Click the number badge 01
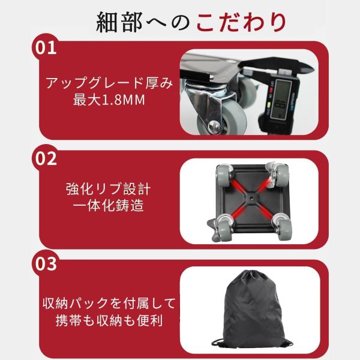(x=46, y=48)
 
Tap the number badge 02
(x=46, y=158)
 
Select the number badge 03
(x=46, y=263)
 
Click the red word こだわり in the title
(x=241, y=23)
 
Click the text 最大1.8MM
(x=109, y=100)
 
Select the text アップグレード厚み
(x=109, y=83)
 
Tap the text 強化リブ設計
(x=109, y=189)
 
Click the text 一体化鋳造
(x=109, y=205)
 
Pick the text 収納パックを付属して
(x=109, y=304)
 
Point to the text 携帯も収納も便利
(x=109, y=320)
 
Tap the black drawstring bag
(x=252, y=310)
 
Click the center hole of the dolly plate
(x=251, y=197)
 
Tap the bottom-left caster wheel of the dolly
(x=223, y=228)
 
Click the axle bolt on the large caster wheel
(x=214, y=126)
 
